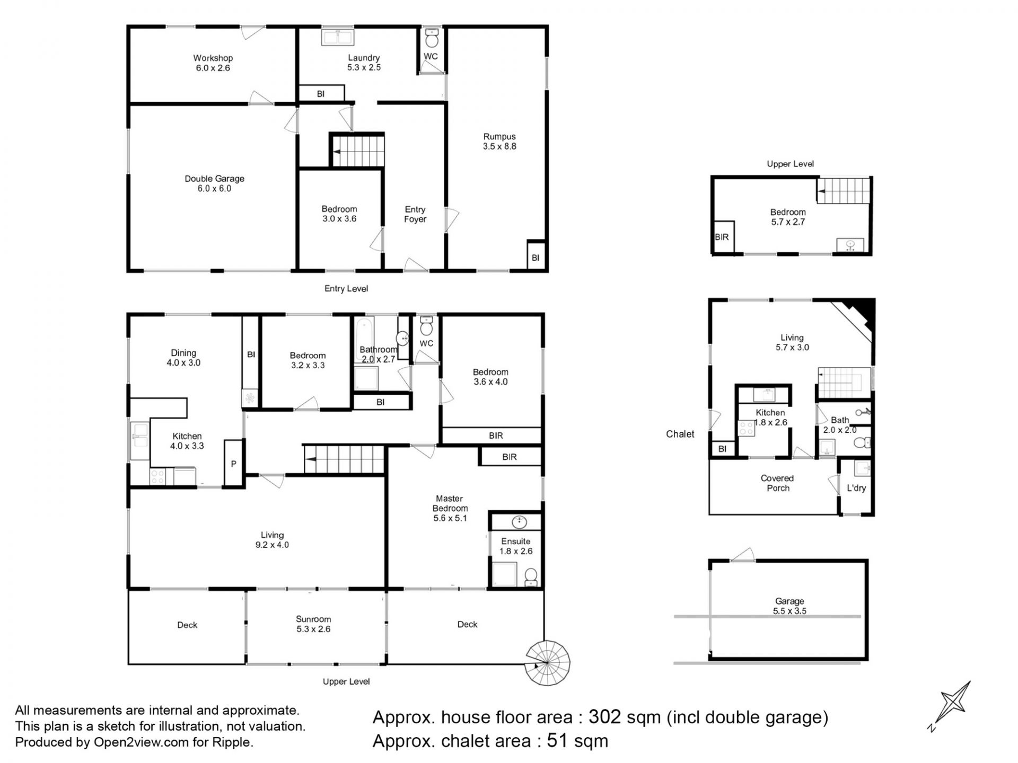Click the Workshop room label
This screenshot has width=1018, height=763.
213,63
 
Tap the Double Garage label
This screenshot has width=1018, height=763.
214,183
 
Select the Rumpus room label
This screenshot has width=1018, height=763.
499,141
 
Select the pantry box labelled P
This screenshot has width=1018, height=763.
233,463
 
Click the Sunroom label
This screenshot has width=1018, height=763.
313,624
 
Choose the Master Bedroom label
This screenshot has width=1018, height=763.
450,508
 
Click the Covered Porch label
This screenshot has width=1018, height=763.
777,483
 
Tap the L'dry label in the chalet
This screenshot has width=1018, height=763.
856,488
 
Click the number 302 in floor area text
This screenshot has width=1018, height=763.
604,717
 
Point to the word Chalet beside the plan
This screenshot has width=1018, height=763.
680,434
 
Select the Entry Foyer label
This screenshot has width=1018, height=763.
415,214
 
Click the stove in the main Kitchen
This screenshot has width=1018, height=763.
157,476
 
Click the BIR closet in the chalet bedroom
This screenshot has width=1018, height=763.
722,237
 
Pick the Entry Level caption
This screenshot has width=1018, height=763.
346,289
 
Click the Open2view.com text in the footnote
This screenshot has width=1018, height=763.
141,742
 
